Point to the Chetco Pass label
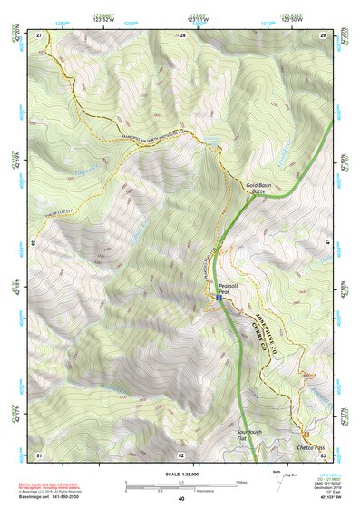click(x=311, y=447)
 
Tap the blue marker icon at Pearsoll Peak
click(x=219, y=297)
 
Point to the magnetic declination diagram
click(x=277, y=478)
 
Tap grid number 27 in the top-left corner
click(x=39, y=35)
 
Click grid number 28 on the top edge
click(x=181, y=35)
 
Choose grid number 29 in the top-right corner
click(x=322, y=35)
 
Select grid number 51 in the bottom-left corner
click(x=39, y=453)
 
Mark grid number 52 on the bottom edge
click(x=181, y=453)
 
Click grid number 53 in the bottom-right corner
click(x=322, y=453)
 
